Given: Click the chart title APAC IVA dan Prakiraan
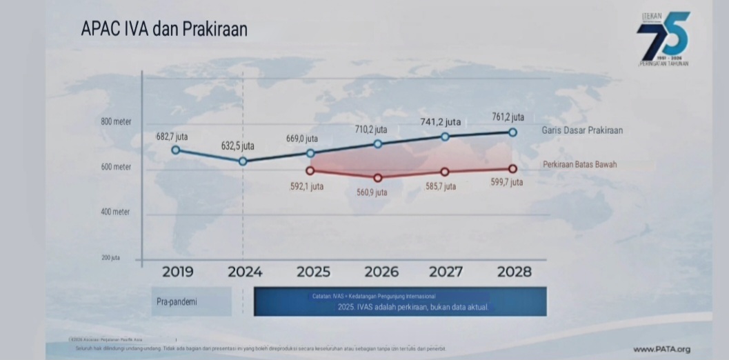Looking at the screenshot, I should (164, 30).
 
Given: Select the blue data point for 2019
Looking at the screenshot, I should (175, 150).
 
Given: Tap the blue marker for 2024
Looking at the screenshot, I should (243, 161).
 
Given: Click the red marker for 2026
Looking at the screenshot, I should (378, 178).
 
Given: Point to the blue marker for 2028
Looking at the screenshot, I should (512, 132).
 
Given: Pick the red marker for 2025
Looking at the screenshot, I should (310, 170).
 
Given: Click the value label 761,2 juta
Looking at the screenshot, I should (508, 117).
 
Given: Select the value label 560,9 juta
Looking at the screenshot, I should (372, 192).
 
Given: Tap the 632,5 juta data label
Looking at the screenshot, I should (238, 146).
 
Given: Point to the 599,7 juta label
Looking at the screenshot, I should (507, 183).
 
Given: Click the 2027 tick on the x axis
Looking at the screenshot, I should (446, 272).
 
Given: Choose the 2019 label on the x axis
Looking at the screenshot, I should (177, 272).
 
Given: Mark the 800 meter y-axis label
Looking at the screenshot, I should (116, 122).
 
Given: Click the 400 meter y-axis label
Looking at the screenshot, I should (116, 212).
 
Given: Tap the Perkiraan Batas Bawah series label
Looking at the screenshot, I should (579, 165).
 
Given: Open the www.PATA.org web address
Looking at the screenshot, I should (662, 349).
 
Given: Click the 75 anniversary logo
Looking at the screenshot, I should (663, 38).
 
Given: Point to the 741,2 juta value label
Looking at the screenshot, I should (441, 122).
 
